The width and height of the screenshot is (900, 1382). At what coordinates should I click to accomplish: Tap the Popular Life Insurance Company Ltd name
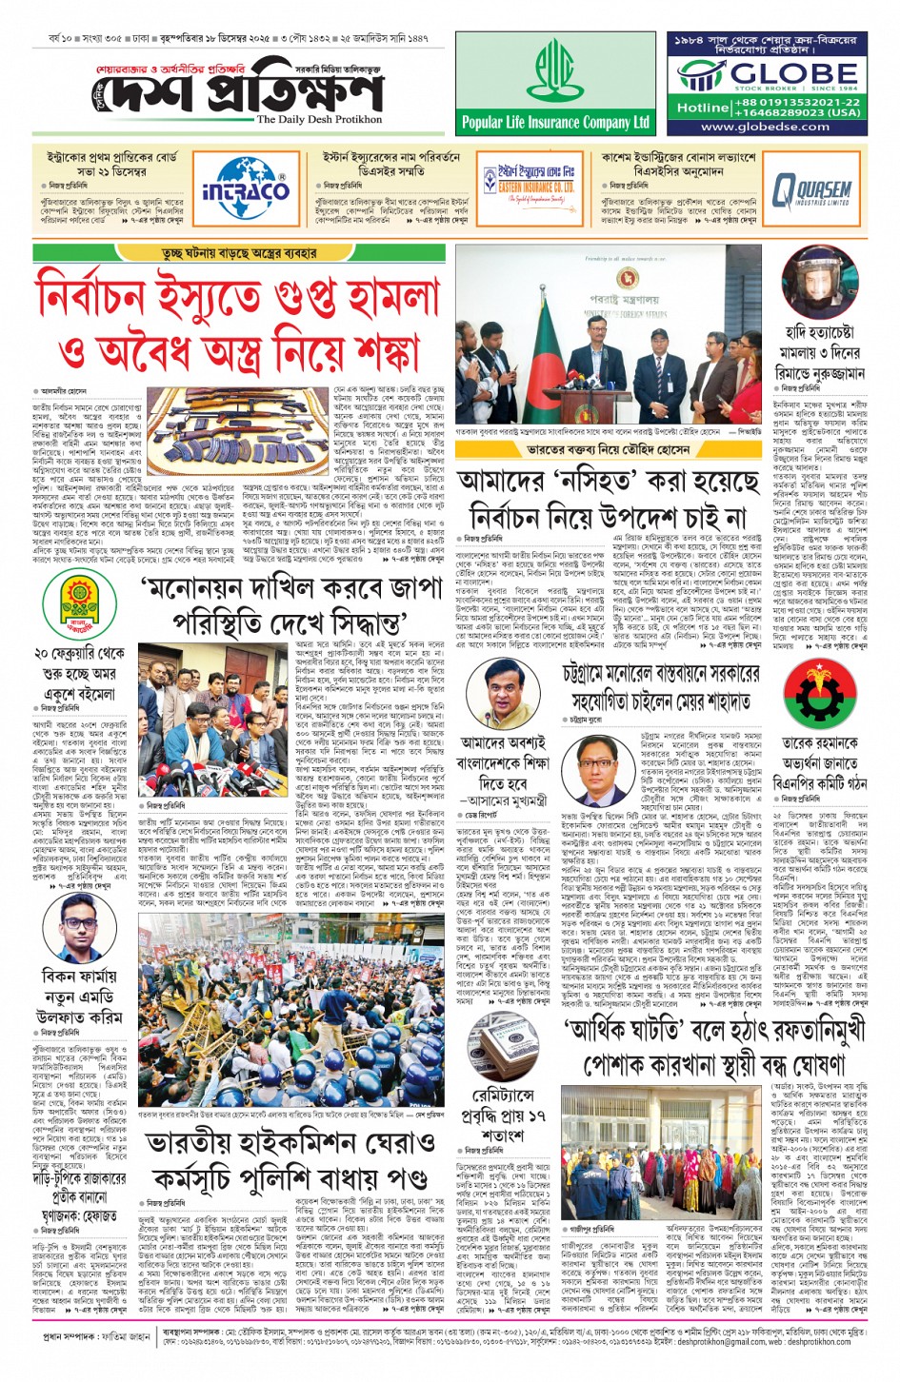555,122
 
